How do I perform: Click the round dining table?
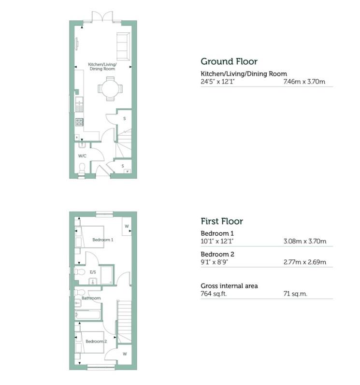pyautogui.click(x=110, y=89)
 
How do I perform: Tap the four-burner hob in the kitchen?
pyautogui.click(x=79, y=122)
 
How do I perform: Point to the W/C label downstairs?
pyautogui.click(x=82, y=156)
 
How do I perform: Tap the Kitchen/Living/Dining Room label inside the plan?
pyautogui.click(x=102, y=67)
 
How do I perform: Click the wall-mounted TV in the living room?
pyautogui.click(x=77, y=43)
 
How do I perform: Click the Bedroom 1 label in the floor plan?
pyautogui.click(x=103, y=240)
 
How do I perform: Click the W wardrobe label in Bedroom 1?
pyautogui.click(x=126, y=226)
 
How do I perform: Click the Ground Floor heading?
pyautogui.click(x=229, y=61)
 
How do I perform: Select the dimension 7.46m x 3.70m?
pyautogui.click(x=304, y=82)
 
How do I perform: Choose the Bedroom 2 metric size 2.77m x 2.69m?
pyautogui.click(x=304, y=262)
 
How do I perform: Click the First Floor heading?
pyautogui.click(x=221, y=221)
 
